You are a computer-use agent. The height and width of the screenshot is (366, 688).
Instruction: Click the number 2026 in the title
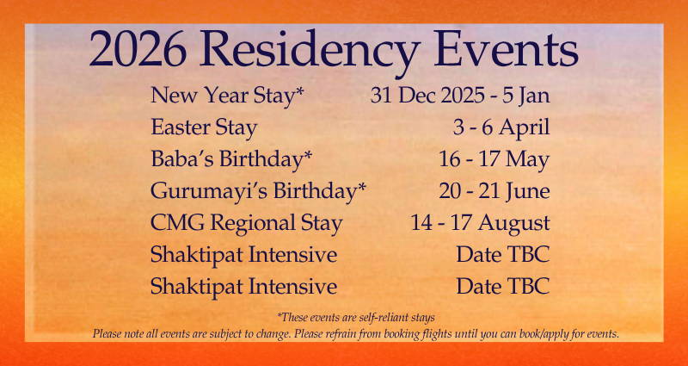[x=138, y=49]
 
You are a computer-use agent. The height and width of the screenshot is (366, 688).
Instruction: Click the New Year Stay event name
[x=228, y=96]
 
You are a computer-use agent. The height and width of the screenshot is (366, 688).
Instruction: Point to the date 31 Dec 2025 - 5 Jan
[x=460, y=96]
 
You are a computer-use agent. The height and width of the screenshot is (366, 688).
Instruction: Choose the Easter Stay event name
[x=204, y=128]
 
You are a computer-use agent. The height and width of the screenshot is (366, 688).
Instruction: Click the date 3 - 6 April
[x=501, y=128]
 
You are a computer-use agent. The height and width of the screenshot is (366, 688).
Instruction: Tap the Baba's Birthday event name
[x=231, y=160]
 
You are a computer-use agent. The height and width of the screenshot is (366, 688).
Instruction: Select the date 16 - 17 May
[x=494, y=160]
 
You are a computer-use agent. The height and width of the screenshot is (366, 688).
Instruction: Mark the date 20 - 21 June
[x=494, y=191]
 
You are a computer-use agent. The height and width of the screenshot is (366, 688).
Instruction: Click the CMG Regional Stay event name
[x=246, y=223]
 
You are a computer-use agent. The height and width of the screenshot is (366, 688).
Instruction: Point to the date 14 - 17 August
[x=481, y=223]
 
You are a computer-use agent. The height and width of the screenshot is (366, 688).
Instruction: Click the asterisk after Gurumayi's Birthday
[x=361, y=187]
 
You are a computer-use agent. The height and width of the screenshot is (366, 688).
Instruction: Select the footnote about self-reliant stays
[x=356, y=317]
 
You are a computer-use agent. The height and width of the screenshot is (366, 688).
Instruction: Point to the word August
[x=513, y=224]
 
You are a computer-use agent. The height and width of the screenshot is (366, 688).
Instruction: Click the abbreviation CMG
[x=177, y=223]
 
